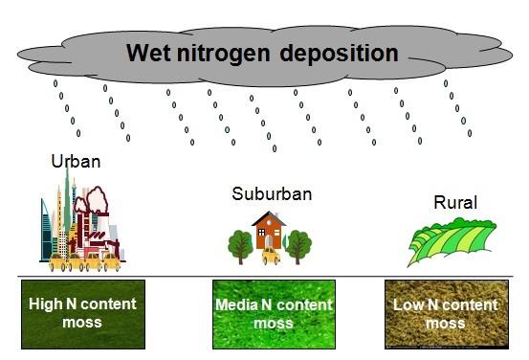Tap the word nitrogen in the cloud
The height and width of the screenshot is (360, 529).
point(223,54)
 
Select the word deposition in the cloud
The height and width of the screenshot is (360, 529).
point(339,54)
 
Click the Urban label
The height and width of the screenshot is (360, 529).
point(76,162)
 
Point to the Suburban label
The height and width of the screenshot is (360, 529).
point(272,193)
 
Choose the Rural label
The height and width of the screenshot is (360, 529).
point(455,202)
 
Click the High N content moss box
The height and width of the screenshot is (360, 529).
point(83,314)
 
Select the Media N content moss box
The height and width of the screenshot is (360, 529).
point(274,314)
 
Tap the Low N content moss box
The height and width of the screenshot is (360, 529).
point(447,314)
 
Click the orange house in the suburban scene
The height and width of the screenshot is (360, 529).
point(269,231)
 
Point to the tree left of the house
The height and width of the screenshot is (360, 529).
point(240,246)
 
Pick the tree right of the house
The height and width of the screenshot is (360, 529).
point(298,246)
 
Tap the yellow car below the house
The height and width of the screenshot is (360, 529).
point(271,256)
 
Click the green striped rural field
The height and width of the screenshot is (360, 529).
point(452,240)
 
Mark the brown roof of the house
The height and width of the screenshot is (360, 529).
point(269,219)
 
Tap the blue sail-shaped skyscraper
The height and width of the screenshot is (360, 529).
point(46,230)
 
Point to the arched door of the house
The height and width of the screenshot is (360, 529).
point(269,241)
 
